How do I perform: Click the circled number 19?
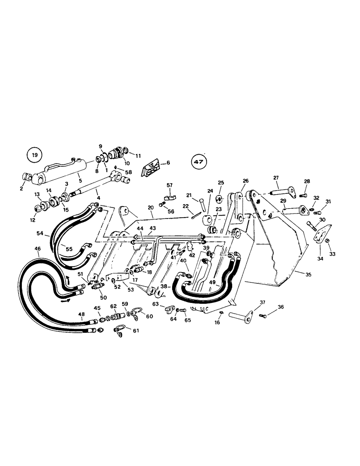coord(34,154)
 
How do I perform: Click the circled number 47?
coord(198,162)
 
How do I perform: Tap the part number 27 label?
coord(276,178)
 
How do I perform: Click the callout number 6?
coord(168,163)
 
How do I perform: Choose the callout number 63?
coord(156,304)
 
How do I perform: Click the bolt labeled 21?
coord(202,203)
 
